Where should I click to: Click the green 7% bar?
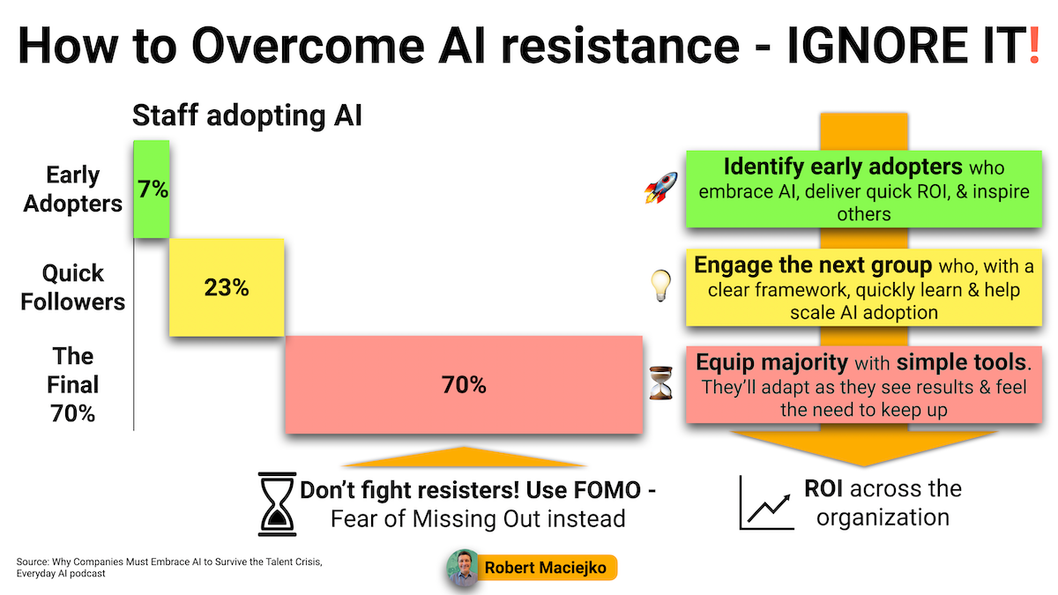click(x=151, y=189)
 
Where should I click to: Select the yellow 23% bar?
click(x=227, y=287)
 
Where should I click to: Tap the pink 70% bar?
click(x=464, y=384)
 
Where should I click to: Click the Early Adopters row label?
click(x=72, y=190)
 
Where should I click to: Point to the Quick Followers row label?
click(x=72, y=287)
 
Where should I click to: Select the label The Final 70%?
click(x=72, y=385)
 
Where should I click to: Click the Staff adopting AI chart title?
click(x=247, y=115)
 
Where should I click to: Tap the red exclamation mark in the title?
click(x=1034, y=45)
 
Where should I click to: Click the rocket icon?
click(x=660, y=188)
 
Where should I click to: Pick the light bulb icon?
click(x=660, y=286)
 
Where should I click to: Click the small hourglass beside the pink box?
click(x=660, y=383)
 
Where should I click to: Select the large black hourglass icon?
click(x=277, y=504)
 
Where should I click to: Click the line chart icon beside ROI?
click(x=766, y=502)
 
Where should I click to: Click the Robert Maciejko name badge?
click(x=546, y=568)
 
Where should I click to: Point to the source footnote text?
click(x=169, y=568)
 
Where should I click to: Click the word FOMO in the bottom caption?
click(x=607, y=490)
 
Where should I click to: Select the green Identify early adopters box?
click(x=864, y=189)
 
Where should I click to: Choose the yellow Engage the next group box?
click(x=864, y=287)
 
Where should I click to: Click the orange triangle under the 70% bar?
click(x=464, y=459)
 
